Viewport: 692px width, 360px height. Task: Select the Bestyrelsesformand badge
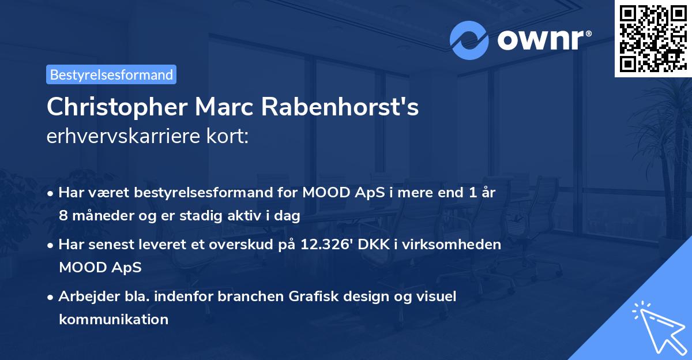(x=111, y=74)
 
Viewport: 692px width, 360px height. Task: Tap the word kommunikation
(x=114, y=319)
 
